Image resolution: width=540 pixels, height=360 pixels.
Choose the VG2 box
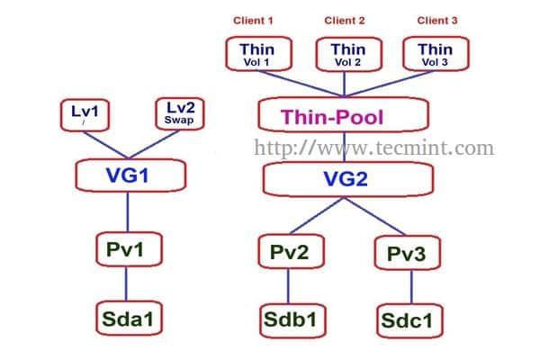tap(346, 179)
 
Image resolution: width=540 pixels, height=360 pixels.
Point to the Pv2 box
tap(289, 251)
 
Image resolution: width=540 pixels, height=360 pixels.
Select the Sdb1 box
tap(289, 319)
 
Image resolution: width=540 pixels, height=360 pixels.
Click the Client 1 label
tap(252, 20)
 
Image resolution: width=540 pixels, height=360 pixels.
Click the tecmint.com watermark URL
tap(374, 147)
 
